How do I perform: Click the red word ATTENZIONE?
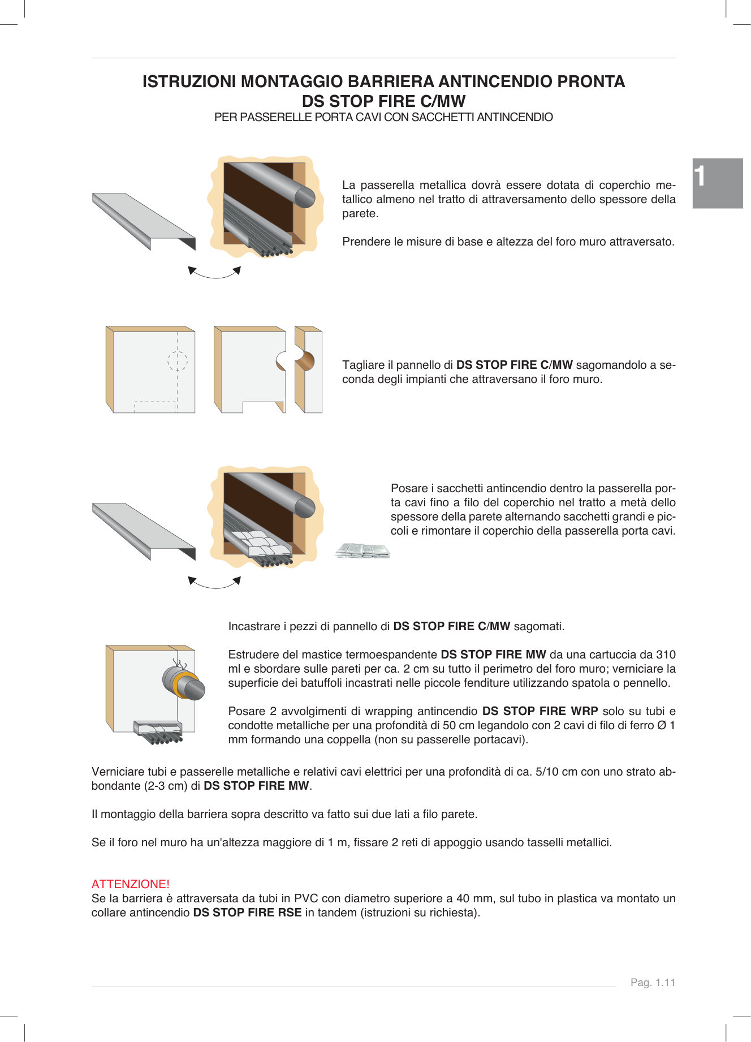point(130,884)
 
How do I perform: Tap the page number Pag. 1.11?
point(653,982)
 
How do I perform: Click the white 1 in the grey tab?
point(700,176)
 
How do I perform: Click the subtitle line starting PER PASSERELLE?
point(383,117)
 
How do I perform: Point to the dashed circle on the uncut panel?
point(177,361)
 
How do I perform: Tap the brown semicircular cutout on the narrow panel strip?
point(306,361)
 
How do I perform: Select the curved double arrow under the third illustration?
point(214,583)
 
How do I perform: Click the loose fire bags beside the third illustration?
point(362,550)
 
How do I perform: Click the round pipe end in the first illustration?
point(304,197)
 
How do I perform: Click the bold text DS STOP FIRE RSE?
point(247,912)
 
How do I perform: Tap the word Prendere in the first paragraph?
point(364,242)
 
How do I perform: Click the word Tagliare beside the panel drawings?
point(363,365)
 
